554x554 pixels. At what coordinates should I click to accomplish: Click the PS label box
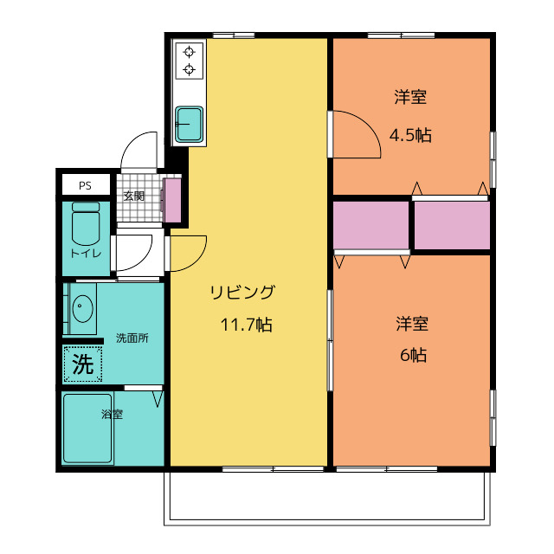coord(86,184)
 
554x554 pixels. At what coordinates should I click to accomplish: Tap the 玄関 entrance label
coord(134,196)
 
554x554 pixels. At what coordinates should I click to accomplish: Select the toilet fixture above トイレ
coord(86,223)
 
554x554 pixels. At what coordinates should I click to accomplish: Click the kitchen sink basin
coord(190,124)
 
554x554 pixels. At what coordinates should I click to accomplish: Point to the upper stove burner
coord(190,52)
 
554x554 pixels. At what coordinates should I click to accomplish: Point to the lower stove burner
coord(190,69)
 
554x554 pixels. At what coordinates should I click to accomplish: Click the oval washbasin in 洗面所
coord(83,308)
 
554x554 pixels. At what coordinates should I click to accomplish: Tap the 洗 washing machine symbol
coord(83,364)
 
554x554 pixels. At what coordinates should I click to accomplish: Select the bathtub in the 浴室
coord(87,428)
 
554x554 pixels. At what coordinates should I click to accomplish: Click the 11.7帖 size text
coord(246,325)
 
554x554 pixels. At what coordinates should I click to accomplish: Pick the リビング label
coord(242,293)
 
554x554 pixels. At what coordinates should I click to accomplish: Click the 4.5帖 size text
coord(410,135)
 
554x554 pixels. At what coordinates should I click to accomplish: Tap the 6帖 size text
coord(414,355)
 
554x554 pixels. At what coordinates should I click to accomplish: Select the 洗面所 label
coord(132,338)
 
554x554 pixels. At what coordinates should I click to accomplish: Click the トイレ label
coord(86,254)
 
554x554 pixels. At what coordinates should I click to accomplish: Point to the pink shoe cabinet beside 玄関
coord(173,200)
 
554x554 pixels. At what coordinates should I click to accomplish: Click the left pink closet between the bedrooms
coord(371,225)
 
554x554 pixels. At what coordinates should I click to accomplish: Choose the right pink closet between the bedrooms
coord(452,225)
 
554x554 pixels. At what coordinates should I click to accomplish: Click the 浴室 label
coord(112,414)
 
